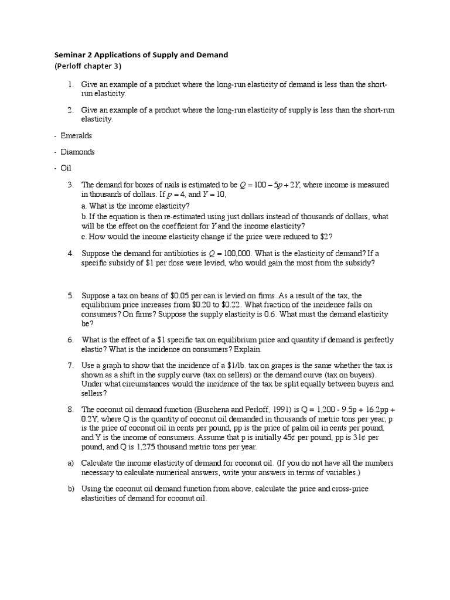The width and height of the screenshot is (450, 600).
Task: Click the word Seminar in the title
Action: click(69, 55)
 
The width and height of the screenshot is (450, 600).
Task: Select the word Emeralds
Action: click(76, 135)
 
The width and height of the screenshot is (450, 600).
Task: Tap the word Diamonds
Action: click(77, 152)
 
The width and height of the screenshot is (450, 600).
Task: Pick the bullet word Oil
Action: click(66, 168)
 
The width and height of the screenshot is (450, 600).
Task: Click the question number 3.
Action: click(70, 185)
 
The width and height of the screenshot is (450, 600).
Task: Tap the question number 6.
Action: click(70, 340)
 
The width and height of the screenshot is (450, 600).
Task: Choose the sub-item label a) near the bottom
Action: click(70, 463)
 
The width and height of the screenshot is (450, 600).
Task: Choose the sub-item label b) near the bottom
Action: click(70, 489)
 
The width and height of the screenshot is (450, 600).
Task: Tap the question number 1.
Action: click(70, 85)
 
